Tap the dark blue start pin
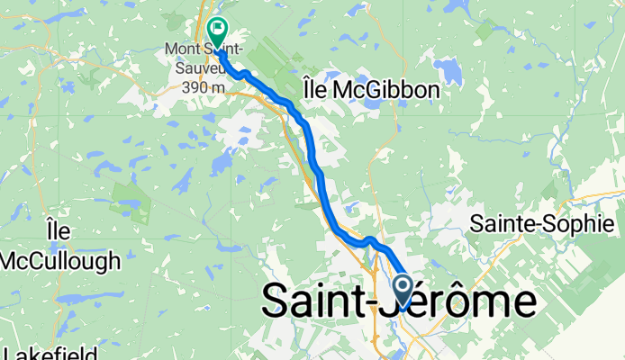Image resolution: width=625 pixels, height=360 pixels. (x=403, y=290)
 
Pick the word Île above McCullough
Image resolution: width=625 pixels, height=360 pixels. (x=59, y=232)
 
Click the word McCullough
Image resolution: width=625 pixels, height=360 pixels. (x=60, y=262)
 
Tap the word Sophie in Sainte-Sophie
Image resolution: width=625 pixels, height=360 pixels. (x=586, y=225)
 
